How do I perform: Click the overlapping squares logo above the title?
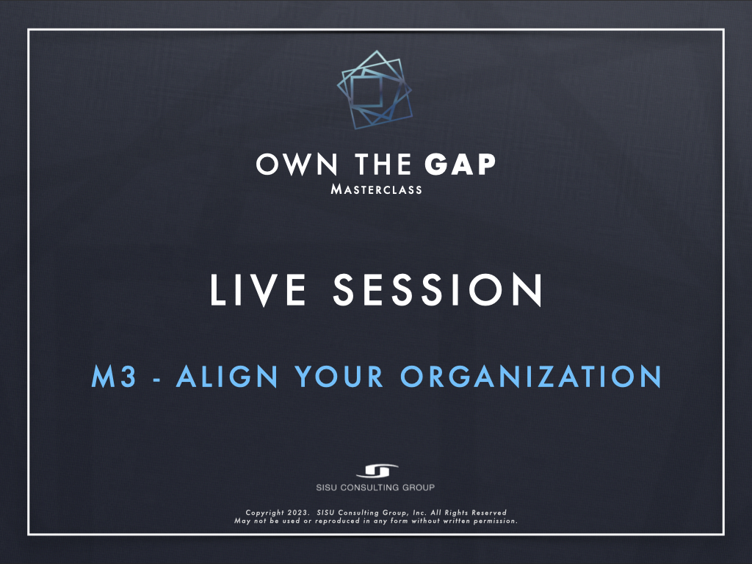375,90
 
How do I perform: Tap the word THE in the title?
383,164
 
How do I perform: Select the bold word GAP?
460,164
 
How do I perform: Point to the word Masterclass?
377,189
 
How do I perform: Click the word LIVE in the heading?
258,289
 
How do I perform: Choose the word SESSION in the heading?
438,289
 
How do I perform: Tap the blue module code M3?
114,377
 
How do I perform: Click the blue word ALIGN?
228,377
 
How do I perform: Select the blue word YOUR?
339,377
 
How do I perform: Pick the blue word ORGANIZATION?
531,377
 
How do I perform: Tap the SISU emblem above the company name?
377,471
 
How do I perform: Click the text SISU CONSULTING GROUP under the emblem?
375,488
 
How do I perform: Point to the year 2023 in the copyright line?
298,513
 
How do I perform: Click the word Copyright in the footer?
264,513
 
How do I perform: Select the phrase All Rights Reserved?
469,513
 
